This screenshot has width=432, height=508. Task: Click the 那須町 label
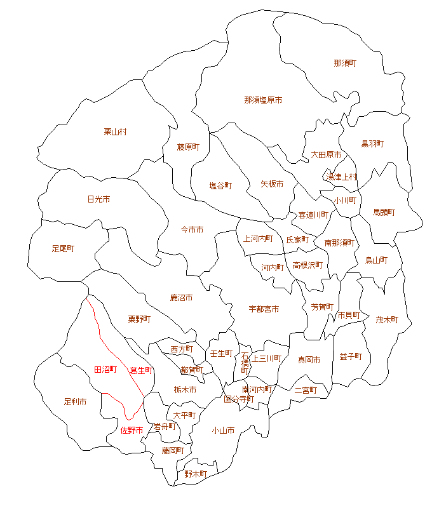tap(344, 63)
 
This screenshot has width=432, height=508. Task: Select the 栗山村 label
tap(115, 131)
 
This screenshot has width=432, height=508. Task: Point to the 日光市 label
tap(98, 199)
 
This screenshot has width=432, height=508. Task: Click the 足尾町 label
tap(63, 248)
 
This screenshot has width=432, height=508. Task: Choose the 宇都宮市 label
tap(264, 309)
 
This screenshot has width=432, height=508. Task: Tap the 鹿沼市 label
tap(181, 297)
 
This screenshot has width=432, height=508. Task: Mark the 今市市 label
tap(192, 229)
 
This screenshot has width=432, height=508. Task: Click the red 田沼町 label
tap(105, 369)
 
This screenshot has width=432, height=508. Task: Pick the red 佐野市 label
tap(132, 430)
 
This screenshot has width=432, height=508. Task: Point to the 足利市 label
tap(75, 402)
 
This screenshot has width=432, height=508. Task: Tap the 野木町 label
tap(196, 474)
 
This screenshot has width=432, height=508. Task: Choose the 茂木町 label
tap(386, 319)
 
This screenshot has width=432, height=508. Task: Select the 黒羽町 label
tap(372, 144)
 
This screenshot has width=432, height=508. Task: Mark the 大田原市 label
tap(326, 154)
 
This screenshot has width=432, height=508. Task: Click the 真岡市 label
tap(309, 359)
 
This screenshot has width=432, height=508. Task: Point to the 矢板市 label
tap(272, 184)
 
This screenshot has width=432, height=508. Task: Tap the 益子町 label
tap(351, 356)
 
